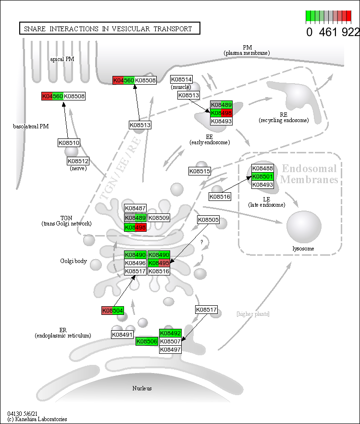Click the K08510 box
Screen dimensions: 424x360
click(69, 143)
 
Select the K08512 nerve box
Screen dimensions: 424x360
click(78, 161)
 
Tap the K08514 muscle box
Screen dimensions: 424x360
click(181, 79)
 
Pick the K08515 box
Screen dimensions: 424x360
click(199, 171)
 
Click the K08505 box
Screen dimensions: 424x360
click(209, 220)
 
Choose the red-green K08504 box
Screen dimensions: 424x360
click(112, 311)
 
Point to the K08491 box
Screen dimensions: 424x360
click(123, 334)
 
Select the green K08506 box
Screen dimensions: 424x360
click(146, 341)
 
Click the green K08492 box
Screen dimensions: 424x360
click(170, 333)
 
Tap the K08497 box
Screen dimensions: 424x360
click(170, 349)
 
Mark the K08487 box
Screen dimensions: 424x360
click(135, 208)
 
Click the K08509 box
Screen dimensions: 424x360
click(159, 218)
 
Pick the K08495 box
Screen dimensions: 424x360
click(159, 263)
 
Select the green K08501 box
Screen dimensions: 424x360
click(262, 176)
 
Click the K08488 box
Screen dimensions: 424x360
click(262, 168)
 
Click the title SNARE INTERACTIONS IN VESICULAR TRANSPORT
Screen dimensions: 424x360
click(109, 28)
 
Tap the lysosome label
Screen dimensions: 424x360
click(303, 248)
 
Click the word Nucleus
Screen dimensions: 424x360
click(142, 388)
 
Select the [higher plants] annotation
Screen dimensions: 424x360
click(253, 314)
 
